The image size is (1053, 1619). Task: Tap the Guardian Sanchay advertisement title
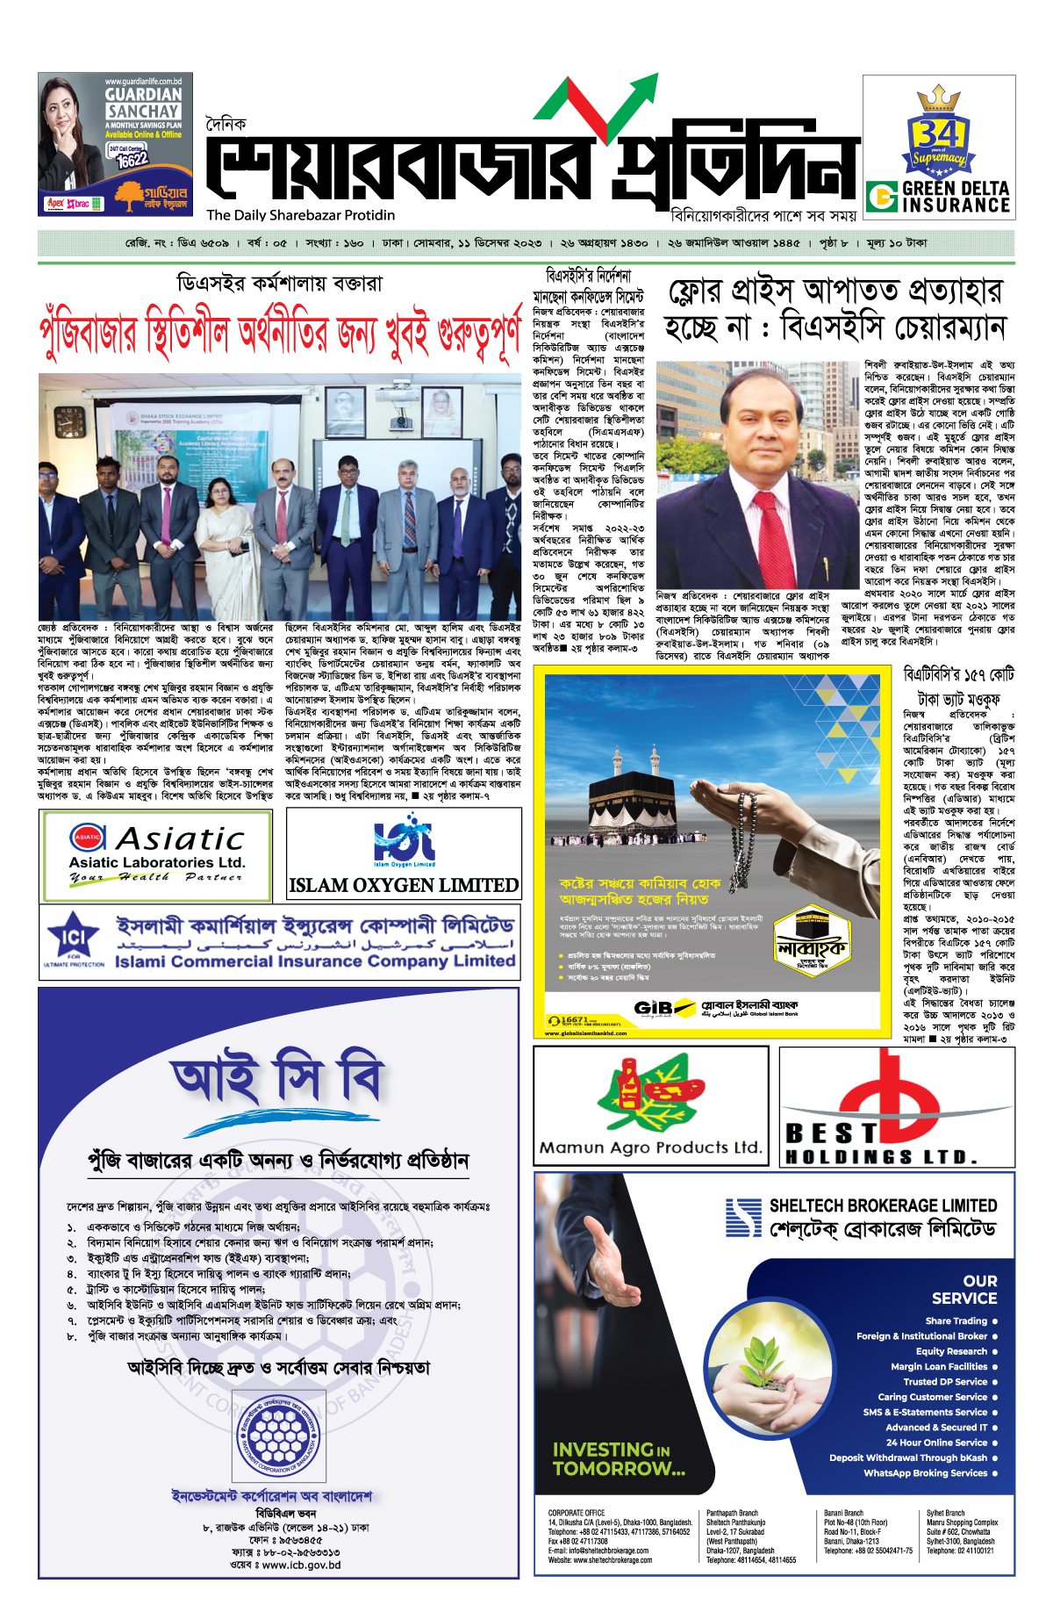(x=143, y=103)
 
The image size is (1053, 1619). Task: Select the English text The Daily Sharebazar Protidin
(x=301, y=215)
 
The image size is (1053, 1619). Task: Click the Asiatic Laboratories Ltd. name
(x=157, y=862)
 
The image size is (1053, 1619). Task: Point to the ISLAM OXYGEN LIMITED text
(x=404, y=885)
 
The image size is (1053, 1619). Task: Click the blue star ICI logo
(x=73, y=939)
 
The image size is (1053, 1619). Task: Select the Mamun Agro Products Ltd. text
(x=650, y=1148)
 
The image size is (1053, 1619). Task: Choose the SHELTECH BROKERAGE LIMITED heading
(x=883, y=1205)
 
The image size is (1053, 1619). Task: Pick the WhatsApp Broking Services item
(x=925, y=1472)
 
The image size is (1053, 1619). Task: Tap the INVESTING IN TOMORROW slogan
(x=619, y=1458)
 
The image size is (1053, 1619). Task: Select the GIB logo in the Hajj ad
(x=654, y=1008)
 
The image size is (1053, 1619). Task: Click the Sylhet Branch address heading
(x=945, y=1513)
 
